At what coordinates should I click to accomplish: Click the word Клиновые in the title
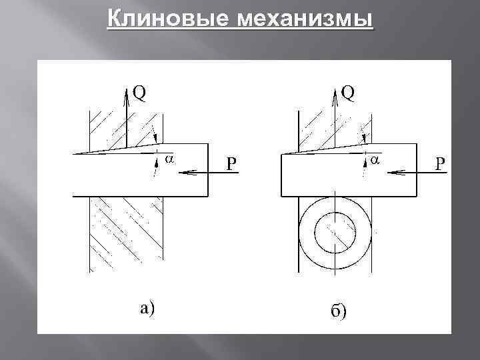[156, 19]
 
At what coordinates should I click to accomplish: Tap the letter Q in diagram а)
[139, 94]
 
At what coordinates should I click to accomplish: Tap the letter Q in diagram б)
[348, 94]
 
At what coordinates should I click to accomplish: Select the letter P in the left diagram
[231, 164]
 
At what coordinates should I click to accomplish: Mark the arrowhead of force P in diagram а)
[183, 172]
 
